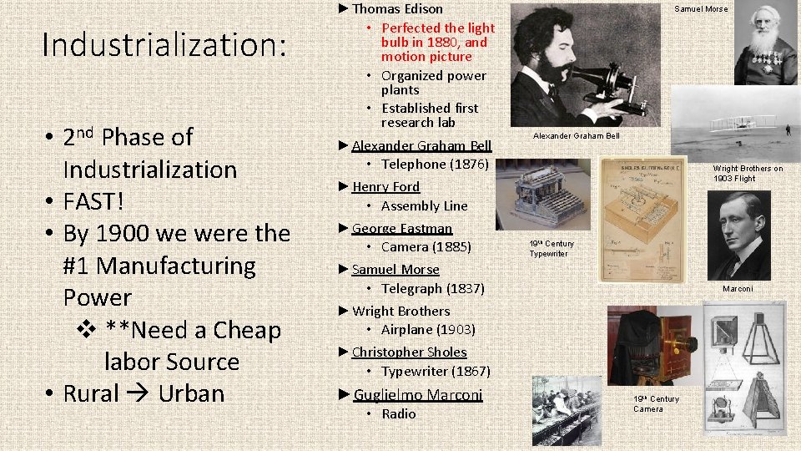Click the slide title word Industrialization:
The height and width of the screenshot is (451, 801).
[x=164, y=45]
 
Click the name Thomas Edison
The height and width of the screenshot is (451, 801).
[x=397, y=9]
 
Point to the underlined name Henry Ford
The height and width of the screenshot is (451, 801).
[x=385, y=186]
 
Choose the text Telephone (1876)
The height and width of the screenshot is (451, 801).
[x=435, y=164]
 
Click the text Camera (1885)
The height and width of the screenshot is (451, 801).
[x=426, y=246]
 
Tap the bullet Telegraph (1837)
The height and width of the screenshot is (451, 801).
[x=432, y=288]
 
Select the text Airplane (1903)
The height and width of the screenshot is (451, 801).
[x=428, y=329]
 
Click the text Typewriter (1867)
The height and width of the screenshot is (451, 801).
[x=436, y=371]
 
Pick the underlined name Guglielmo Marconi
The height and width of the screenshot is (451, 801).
[x=418, y=394]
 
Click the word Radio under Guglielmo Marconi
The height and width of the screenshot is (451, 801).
[x=398, y=413]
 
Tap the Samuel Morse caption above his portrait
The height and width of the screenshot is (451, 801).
[x=701, y=9]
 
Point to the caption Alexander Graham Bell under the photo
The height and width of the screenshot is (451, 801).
[x=577, y=136]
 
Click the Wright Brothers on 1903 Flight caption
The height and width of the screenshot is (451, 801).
[x=748, y=173]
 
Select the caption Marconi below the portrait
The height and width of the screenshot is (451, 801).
[x=738, y=289]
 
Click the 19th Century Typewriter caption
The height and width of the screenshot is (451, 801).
[x=552, y=248]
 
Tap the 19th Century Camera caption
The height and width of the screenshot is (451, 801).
[x=656, y=403]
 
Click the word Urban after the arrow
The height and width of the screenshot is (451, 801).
[x=191, y=393]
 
